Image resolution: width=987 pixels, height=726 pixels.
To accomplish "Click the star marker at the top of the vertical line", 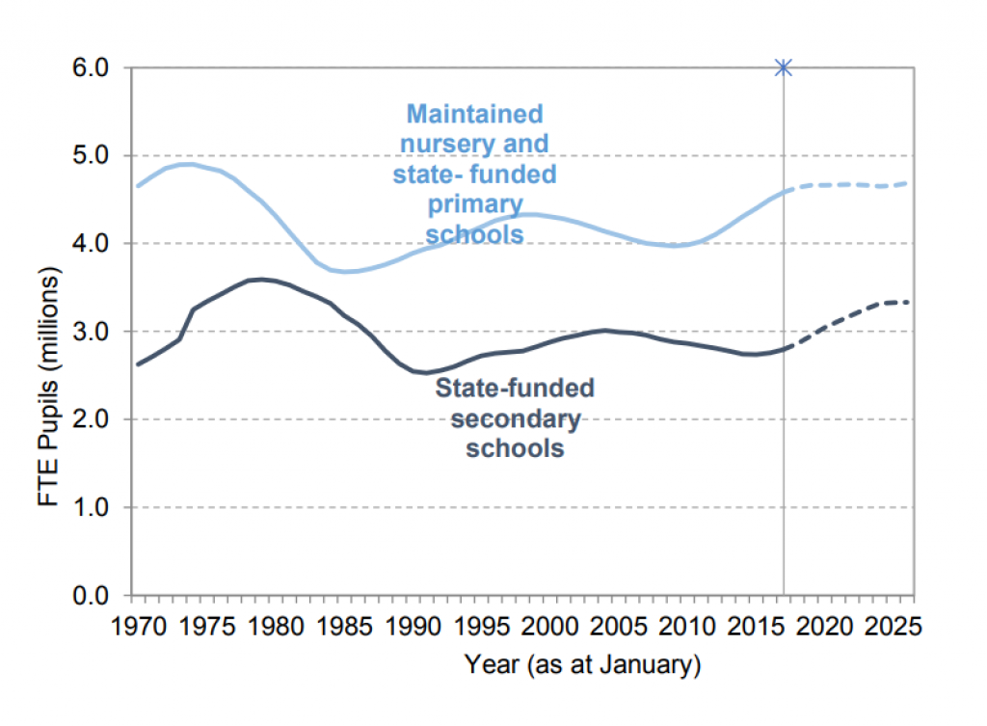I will point(783,67).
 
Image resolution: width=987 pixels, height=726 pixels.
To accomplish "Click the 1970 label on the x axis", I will point(136,628).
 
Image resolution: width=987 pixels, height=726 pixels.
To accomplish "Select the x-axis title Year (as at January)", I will point(583,664).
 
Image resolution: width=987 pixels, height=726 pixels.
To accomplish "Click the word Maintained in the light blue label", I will point(474,114).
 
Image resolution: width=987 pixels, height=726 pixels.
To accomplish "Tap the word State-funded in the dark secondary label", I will point(515,389).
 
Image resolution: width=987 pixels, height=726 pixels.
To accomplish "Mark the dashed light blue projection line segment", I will point(848,184).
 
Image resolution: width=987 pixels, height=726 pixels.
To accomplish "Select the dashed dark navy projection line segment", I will point(848,313).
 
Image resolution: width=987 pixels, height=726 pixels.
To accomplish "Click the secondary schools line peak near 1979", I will point(260,279).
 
